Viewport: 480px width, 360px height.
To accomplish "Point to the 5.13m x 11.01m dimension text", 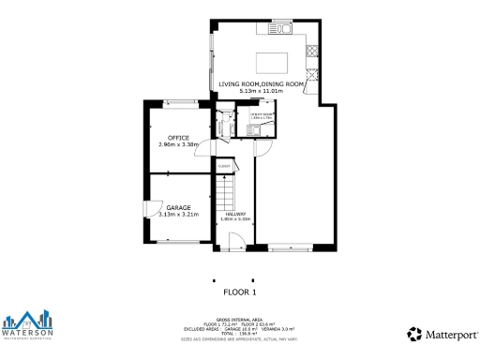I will tap(262, 92).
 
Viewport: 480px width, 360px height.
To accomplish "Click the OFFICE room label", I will tap(178, 138).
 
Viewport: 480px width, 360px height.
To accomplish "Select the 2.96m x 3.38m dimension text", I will tap(178, 144).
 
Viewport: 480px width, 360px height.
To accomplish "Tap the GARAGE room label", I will tap(179, 207).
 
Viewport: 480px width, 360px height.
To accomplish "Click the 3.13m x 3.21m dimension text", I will tap(179, 214).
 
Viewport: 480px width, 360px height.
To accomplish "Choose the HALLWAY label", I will tap(235, 214).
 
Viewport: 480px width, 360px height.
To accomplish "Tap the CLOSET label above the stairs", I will tap(224, 166).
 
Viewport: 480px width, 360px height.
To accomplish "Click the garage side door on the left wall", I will tap(146, 208).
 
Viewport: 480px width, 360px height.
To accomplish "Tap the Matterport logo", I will tap(440, 333).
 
